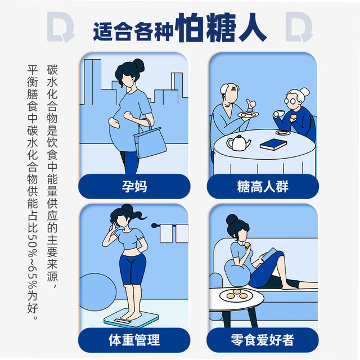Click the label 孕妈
click(x=134, y=186)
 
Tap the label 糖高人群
click(x=263, y=186)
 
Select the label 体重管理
click(x=134, y=340)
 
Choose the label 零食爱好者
click(x=263, y=340)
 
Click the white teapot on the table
click(x=238, y=143)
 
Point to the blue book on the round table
click(x=273, y=144)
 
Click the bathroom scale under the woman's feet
click(x=131, y=318)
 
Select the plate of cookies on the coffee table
click(x=236, y=295)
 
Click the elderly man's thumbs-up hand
click(x=251, y=104)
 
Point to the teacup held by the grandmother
click(x=280, y=113)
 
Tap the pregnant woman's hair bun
click(x=139, y=65)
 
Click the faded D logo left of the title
click(x=61, y=27)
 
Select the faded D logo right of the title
click(x=299, y=27)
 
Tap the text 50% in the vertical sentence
click(x=33, y=246)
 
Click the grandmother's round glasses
click(x=290, y=101)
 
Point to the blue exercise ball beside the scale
click(x=97, y=291)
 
